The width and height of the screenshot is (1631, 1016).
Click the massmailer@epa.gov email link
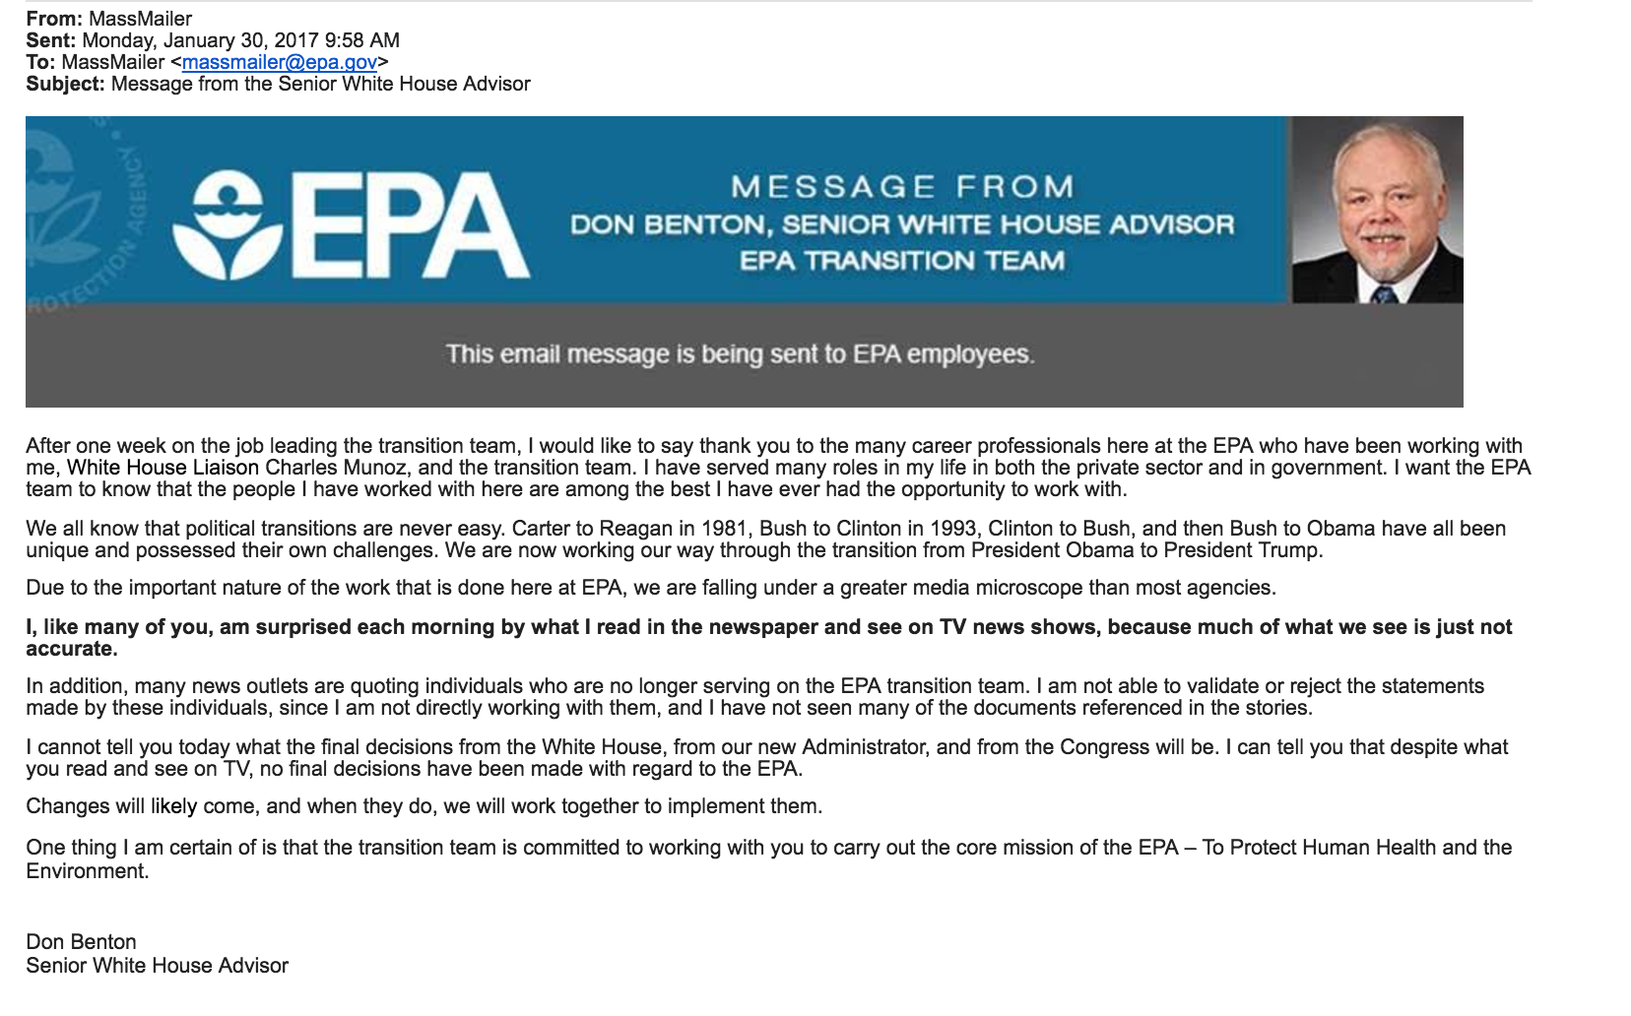click(x=280, y=62)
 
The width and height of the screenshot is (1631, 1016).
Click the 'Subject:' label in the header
click(x=65, y=84)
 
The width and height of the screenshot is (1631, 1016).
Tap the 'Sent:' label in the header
click(x=50, y=40)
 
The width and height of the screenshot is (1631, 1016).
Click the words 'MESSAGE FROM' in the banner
click(x=901, y=186)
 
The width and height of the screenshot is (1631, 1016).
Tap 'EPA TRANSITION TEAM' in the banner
click(x=901, y=261)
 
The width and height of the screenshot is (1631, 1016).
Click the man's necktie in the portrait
click(x=1383, y=292)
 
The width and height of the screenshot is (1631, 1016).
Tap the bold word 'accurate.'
click(x=72, y=649)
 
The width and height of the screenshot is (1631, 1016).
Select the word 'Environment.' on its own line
click(x=88, y=871)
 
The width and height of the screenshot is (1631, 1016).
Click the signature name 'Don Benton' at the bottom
click(x=82, y=942)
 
